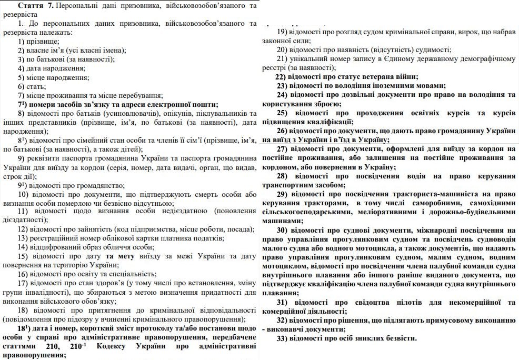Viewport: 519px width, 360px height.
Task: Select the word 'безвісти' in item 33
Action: [399, 337]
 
